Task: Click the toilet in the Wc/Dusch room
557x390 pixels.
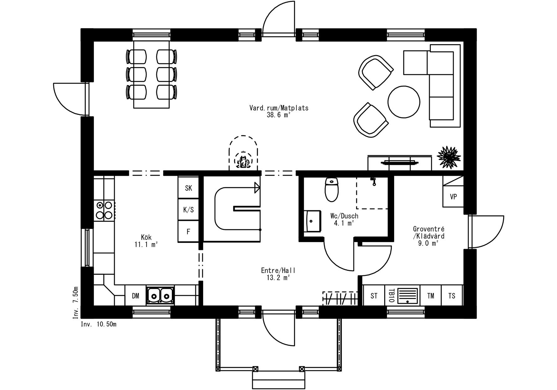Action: (x=332, y=190)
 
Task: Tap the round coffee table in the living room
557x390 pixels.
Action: (x=404, y=101)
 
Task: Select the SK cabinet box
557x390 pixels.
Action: (x=188, y=188)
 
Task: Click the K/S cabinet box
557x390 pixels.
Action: (x=188, y=210)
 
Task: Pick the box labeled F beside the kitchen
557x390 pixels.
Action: (x=188, y=231)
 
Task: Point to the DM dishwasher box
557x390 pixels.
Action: (x=136, y=295)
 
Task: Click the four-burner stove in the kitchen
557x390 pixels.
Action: (x=104, y=210)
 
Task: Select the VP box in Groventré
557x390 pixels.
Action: (x=453, y=197)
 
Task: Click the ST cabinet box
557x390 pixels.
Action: (x=374, y=295)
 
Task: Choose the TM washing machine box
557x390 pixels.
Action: (x=431, y=295)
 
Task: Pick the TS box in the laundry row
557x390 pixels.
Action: (x=452, y=295)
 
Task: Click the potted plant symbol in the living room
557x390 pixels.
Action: (x=449, y=157)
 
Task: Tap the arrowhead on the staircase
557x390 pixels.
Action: (x=257, y=188)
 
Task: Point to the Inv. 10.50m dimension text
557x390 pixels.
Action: (x=99, y=324)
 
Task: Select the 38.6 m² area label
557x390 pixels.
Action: (x=279, y=115)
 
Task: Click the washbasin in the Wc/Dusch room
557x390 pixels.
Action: (x=312, y=221)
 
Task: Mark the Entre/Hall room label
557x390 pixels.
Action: (x=278, y=270)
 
